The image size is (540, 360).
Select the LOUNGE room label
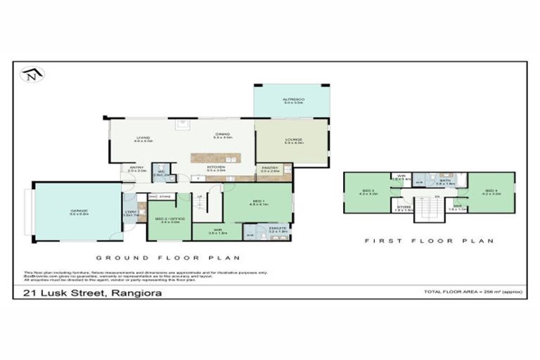[x=293, y=140]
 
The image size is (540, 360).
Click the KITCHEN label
[x=215, y=168]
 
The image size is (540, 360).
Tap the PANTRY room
[x=271, y=168]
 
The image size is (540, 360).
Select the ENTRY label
[x=136, y=169]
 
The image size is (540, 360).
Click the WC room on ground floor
[x=160, y=173]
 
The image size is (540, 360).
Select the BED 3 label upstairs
[x=368, y=191]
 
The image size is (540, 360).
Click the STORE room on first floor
[x=403, y=207]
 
